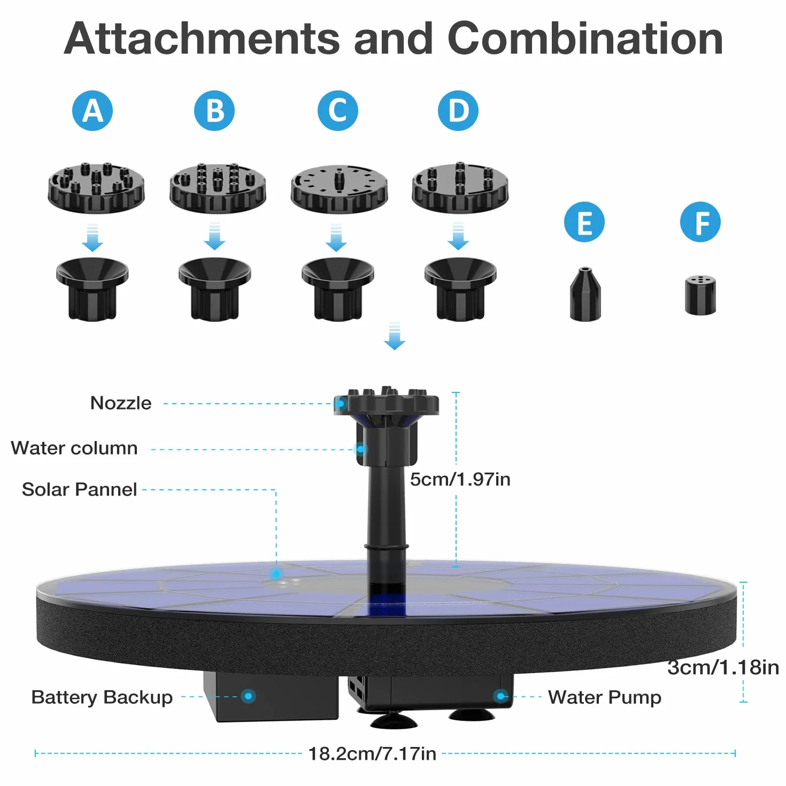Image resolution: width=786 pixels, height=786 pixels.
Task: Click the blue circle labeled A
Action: (92, 111)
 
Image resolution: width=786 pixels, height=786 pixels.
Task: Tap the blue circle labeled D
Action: (458, 111)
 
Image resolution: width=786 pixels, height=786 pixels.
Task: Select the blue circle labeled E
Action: (584, 222)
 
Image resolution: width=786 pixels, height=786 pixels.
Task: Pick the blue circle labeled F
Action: (700, 222)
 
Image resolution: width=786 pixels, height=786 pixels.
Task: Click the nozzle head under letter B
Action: (218, 188)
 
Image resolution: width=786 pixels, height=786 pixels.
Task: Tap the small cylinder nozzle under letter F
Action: (700, 295)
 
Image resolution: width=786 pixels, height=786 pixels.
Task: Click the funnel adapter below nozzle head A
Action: (92, 289)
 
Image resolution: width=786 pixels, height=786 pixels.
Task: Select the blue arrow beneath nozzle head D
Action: (458, 236)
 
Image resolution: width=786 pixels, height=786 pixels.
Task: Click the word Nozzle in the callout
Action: (121, 403)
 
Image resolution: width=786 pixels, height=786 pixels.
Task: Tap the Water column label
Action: (74, 448)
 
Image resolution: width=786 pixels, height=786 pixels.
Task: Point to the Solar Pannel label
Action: (79, 489)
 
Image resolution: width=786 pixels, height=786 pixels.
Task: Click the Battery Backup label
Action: (102, 697)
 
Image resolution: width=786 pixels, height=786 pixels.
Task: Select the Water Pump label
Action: (605, 697)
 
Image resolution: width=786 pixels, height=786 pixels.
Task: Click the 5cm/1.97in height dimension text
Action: (460, 479)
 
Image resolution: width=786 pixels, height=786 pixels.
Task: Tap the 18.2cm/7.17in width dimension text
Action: (372, 754)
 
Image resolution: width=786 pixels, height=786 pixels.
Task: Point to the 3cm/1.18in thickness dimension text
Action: (723, 668)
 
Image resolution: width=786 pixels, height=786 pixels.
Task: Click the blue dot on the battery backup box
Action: (248, 696)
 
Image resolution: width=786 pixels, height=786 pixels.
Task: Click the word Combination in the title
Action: (585, 38)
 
